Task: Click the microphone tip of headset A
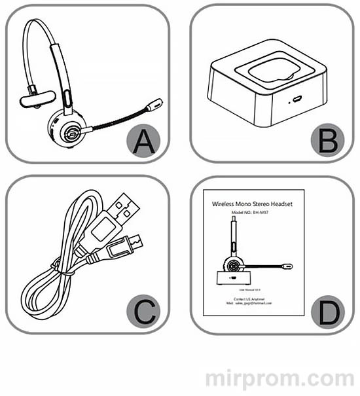(156, 104)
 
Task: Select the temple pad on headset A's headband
(37, 99)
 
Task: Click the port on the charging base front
(296, 99)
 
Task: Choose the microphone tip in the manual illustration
(289, 266)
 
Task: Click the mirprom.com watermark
(278, 379)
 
